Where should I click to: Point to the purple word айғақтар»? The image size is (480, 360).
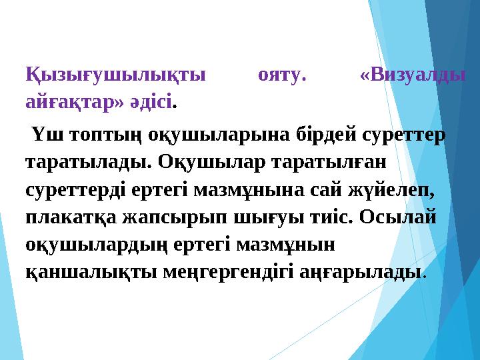(65, 102)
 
